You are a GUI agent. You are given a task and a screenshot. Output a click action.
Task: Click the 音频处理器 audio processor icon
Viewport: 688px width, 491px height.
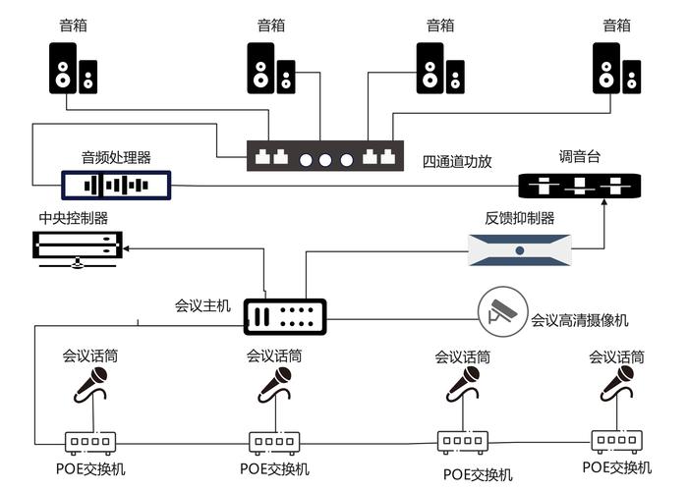(x=116, y=183)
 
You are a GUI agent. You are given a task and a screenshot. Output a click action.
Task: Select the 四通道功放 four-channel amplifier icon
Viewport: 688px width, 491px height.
(x=323, y=157)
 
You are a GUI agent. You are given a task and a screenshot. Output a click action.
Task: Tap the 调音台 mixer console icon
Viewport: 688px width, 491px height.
(x=580, y=184)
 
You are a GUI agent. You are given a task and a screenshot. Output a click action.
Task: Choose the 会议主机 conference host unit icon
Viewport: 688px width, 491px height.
(x=284, y=314)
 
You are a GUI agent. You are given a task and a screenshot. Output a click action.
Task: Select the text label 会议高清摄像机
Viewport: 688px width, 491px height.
(x=580, y=319)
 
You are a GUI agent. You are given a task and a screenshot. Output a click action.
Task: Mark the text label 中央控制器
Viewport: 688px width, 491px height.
(x=73, y=217)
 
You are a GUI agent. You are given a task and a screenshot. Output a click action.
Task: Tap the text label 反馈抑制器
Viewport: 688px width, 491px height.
(x=519, y=217)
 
